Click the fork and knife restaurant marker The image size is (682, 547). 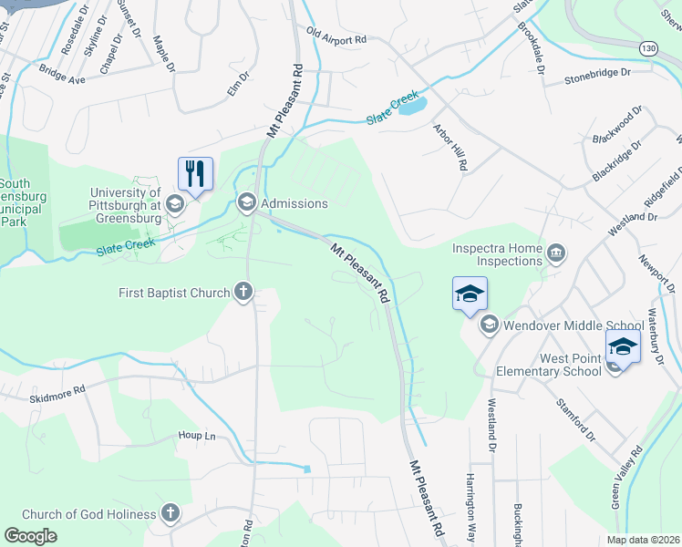tap(195, 173)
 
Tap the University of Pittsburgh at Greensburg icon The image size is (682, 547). tap(175, 203)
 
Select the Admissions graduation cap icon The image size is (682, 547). tap(246, 202)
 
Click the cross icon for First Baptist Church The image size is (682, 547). tap(243, 292)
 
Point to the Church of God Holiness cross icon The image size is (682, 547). tap(170, 513)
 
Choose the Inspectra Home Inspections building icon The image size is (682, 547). tap(555, 253)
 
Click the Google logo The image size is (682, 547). tap(30, 536)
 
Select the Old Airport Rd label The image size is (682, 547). tap(336, 39)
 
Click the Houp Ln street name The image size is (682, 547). tap(196, 436)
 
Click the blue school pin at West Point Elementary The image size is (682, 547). tap(623, 346)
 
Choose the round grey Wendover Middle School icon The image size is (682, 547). tap(489, 324)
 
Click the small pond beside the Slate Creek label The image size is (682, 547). tap(412, 106)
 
